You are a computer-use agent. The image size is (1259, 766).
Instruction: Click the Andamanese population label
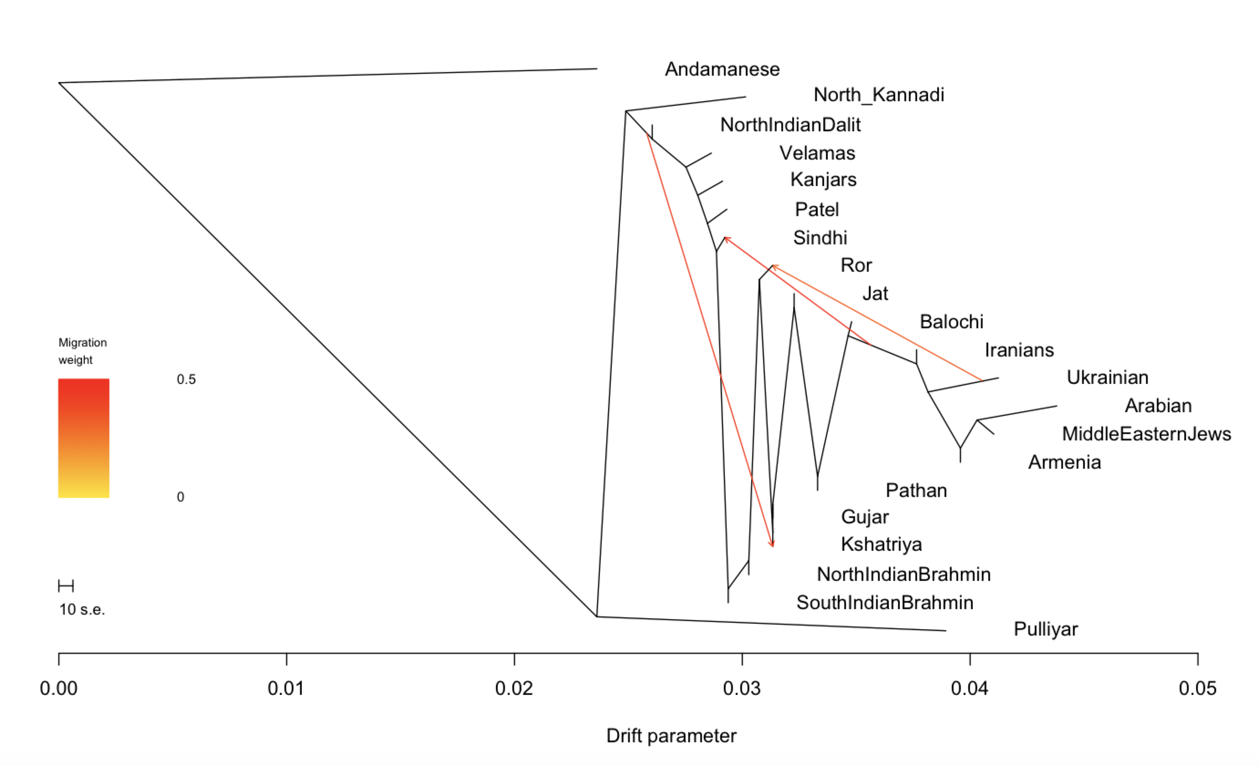[x=722, y=69]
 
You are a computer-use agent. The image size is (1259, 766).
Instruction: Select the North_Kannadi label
[x=878, y=95]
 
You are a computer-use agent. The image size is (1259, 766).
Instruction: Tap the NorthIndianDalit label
[x=790, y=124]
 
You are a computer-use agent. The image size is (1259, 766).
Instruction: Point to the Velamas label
[x=817, y=153]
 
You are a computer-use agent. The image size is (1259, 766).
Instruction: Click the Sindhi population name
[x=820, y=238]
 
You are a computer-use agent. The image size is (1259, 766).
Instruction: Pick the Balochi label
[x=951, y=321]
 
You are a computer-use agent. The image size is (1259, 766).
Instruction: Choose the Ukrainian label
[x=1107, y=377]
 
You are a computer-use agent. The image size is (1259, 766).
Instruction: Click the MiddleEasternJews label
[x=1146, y=434]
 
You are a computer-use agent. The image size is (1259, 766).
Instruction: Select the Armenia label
[x=1064, y=462]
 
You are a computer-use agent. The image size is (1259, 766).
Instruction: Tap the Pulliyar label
[x=1045, y=629]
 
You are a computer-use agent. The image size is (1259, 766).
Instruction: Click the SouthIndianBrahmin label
[x=884, y=602]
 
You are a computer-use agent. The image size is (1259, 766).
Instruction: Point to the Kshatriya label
[x=882, y=544]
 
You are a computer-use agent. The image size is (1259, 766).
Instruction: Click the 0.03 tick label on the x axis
[x=741, y=688]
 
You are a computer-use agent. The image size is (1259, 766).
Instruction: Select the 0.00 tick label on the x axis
[x=59, y=688]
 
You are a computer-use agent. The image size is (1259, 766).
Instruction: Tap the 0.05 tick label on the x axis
[x=1197, y=688]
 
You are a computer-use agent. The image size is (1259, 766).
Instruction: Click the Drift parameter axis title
[x=671, y=736]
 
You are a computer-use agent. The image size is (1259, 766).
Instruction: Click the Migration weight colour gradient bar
[x=84, y=438]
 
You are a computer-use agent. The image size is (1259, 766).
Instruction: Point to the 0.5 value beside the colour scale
[x=186, y=379]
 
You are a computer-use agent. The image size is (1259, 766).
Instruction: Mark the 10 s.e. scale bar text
[x=82, y=609]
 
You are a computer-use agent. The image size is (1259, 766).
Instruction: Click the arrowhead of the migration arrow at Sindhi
[x=726, y=238]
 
